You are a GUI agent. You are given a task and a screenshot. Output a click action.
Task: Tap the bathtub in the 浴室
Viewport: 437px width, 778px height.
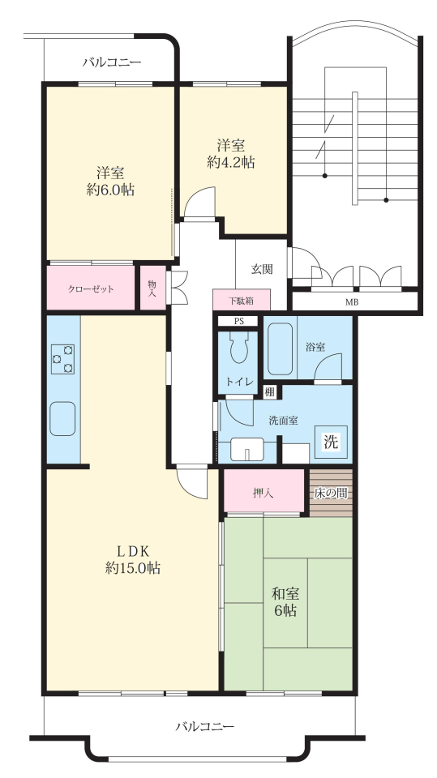[x=280, y=349]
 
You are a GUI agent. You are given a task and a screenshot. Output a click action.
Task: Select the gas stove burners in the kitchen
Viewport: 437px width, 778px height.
[x=62, y=359]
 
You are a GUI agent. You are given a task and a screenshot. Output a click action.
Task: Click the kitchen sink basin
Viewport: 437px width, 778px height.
[x=62, y=419]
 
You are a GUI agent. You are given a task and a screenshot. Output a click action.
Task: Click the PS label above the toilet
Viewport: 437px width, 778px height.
[x=239, y=321]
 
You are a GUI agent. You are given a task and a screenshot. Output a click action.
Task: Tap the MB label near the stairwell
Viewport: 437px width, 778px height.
[x=352, y=301]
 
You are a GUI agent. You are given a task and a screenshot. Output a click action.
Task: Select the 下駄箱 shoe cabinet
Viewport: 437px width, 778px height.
[x=242, y=300]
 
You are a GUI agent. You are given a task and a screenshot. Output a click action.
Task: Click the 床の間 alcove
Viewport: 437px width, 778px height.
[x=331, y=494]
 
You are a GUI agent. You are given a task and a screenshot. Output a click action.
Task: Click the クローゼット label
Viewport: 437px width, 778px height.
[x=91, y=289]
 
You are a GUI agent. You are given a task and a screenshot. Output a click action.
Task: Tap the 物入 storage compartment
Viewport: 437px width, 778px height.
[x=153, y=288]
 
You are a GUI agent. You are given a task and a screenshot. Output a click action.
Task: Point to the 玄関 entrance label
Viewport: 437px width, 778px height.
[x=262, y=269]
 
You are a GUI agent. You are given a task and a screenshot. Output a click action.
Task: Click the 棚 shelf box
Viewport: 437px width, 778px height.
[x=270, y=391]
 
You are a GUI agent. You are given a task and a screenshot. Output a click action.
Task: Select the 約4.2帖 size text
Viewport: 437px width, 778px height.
[x=231, y=162]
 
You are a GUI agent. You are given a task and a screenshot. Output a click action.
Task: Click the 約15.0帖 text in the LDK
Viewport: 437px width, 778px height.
[x=133, y=567]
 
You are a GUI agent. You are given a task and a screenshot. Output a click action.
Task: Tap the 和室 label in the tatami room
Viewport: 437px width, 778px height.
[x=285, y=593]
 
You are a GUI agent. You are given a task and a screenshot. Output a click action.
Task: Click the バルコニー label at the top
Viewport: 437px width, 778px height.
[x=112, y=62]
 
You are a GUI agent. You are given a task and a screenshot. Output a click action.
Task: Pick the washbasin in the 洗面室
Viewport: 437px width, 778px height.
[x=246, y=450]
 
